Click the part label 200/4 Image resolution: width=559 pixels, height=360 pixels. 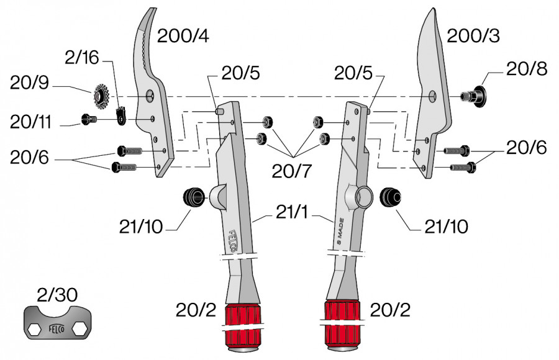183,37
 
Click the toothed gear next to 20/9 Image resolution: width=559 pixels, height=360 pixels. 99,96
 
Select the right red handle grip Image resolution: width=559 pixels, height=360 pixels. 342,318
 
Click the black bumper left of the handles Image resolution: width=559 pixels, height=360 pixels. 193,198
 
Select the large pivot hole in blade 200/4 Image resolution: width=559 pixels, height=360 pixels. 149,96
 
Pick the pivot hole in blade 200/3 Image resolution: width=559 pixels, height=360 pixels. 432,96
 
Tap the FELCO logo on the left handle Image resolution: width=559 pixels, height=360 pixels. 234,242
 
